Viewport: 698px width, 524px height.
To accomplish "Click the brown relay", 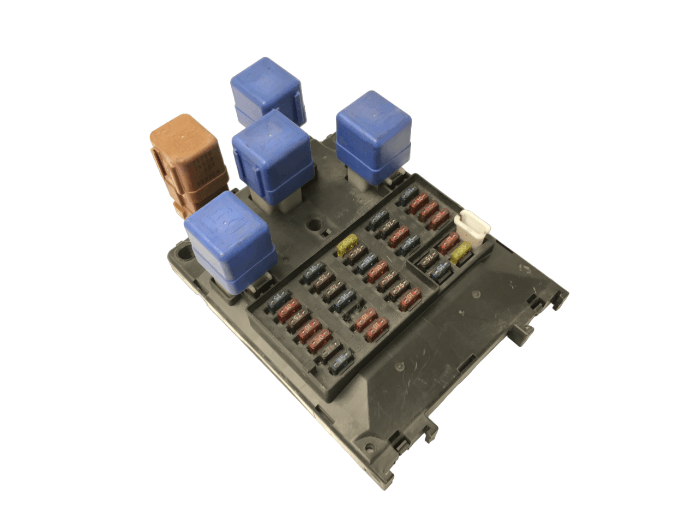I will click(185, 164).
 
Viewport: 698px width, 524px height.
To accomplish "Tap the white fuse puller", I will click(473, 229).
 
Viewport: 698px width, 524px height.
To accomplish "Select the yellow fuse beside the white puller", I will click(461, 252).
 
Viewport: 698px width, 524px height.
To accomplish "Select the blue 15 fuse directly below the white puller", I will click(441, 268).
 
